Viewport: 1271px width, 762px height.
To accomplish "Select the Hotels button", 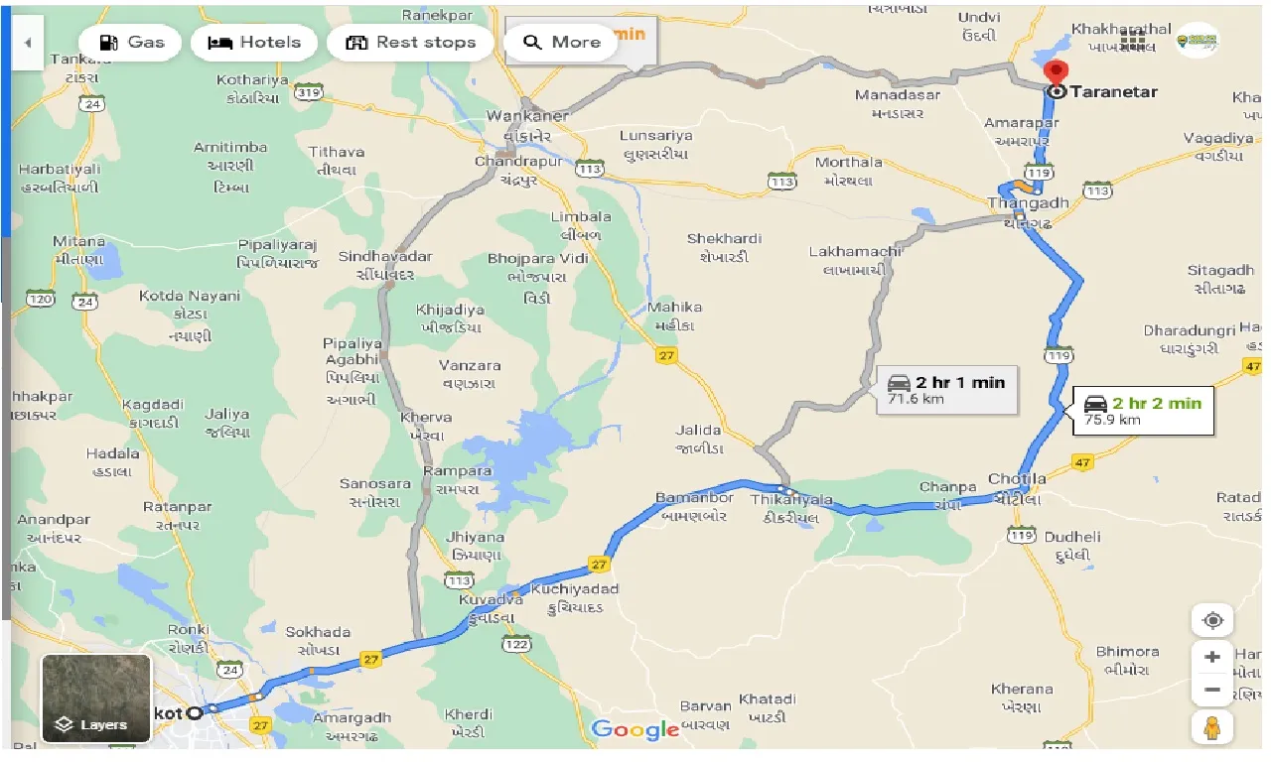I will [x=254, y=43].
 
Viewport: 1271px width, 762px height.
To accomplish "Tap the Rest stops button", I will [x=410, y=43].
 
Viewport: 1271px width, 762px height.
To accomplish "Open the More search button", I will [x=561, y=43].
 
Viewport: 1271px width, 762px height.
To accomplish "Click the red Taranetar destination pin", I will [x=1057, y=74].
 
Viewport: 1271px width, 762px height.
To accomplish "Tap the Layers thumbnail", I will [x=96, y=698].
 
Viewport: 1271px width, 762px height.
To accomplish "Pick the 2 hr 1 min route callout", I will [x=947, y=389].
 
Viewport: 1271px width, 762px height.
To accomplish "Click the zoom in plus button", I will [x=1211, y=657].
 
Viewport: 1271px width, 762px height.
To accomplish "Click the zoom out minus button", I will [x=1211, y=689].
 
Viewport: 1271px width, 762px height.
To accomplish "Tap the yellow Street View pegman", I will [x=1211, y=728].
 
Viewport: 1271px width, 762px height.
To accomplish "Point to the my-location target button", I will [x=1211, y=621].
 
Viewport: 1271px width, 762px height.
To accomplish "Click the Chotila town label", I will [x=1017, y=479].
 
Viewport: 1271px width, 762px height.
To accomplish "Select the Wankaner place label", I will [x=527, y=116].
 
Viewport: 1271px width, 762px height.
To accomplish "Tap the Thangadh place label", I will [x=1027, y=202].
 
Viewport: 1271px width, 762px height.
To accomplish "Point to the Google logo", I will [x=635, y=730].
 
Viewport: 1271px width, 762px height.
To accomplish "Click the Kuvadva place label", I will [x=485, y=600].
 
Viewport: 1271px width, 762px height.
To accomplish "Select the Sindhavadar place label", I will [x=385, y=256].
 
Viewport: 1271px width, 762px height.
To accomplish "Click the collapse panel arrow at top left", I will [x=27, y=43].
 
